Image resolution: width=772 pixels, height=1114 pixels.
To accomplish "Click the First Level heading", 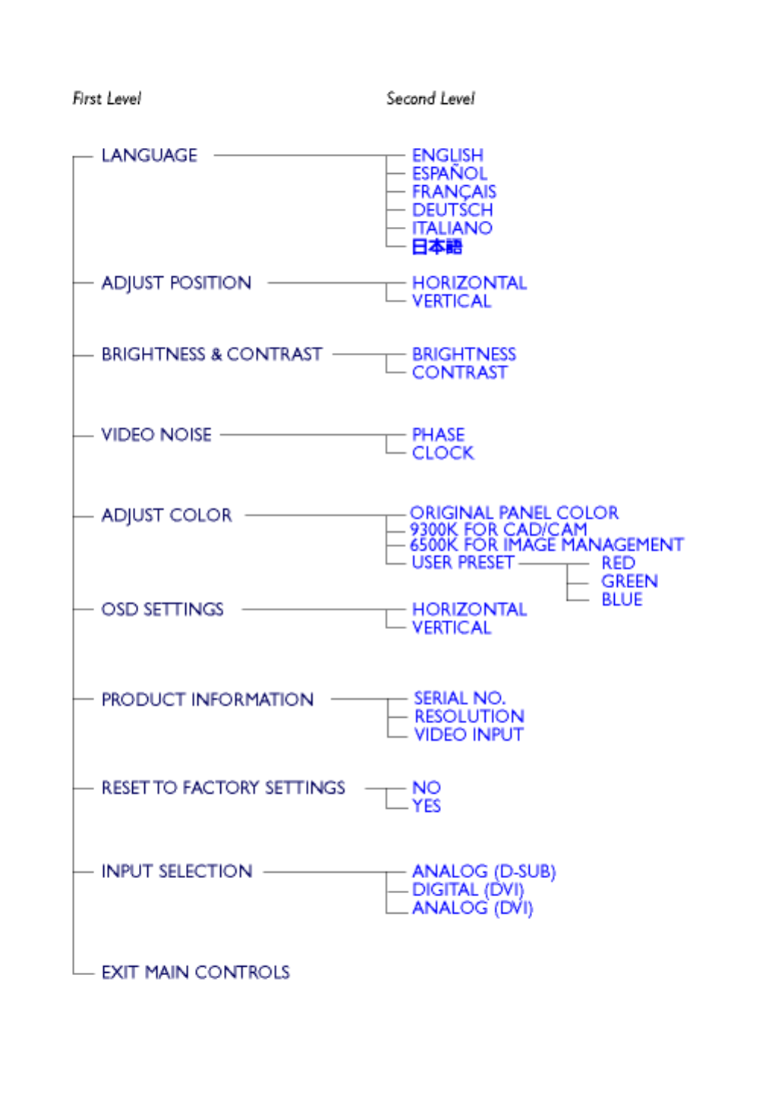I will [x=106, y=99].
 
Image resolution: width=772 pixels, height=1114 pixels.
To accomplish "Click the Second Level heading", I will [x=430, y=99].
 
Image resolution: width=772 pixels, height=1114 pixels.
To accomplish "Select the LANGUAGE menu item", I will [x=149, y=156].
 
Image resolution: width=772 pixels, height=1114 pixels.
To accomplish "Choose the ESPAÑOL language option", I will [x=449, y=174].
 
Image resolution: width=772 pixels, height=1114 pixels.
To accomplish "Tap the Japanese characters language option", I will [x=436, y=247].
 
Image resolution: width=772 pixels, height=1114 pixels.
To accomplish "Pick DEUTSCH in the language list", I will [x=452, y=210].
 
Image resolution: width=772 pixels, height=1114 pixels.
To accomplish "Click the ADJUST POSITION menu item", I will [x=176, y=283].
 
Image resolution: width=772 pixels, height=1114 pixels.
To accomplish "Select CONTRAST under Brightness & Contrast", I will [x=459, y=373].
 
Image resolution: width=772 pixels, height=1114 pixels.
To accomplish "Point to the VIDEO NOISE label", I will [x=156, y=435].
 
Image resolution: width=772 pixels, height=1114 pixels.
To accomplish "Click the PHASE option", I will [x=438, y=435].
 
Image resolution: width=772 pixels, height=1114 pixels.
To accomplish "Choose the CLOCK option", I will [x=443, y=453].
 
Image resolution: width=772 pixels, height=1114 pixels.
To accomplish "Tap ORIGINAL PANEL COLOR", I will [x=514, y=513].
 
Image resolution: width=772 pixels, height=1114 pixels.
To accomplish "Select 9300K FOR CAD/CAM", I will [x=498, y=529].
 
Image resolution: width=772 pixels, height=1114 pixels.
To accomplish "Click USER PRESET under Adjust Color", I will [x=462, y=562].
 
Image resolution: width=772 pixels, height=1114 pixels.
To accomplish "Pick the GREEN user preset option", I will [x=629, y=581].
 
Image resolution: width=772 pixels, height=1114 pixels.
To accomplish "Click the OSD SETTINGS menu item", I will [x=162, y=609].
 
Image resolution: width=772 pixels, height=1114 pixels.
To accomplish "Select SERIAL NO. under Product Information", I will [x=459, y=698].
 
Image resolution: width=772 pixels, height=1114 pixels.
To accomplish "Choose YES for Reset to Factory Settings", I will [x=427, y=806].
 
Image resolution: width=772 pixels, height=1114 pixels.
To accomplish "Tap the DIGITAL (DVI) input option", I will [x=468, y=889].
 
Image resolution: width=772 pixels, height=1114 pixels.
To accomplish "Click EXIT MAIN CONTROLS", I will [x=195, y=972].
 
